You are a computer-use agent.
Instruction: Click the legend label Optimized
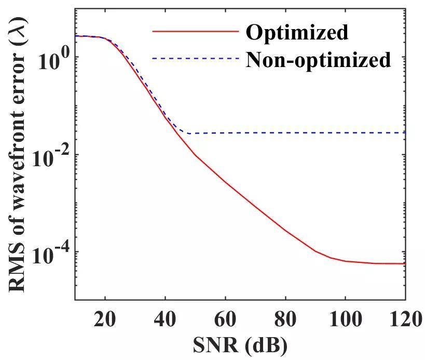click(x=297, y=32)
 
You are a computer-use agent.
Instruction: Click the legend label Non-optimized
click(x=318, y=60)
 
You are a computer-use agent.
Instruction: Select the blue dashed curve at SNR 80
click(x=285, y=133)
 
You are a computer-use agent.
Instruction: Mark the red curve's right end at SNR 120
click(x=404, y=263)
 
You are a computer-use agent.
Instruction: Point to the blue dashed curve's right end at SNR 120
click(x=404, y=132)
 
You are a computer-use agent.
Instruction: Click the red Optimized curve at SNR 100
click(x=345, y=261)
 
